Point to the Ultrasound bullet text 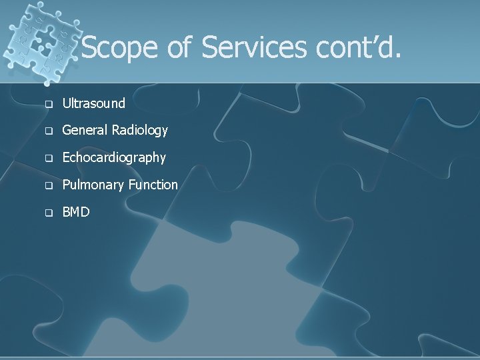coord(93,103)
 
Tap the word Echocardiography coord(114,158)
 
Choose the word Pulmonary coord(90,185)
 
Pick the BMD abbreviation coord(76,212)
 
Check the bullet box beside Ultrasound coord(48,104)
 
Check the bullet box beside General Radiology coord(48,131)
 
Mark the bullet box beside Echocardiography coord(48,159)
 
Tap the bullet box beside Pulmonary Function coord(48,185)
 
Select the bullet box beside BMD coord(48,213)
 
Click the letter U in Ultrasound coord(66,103)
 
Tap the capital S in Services coord(211,48)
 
